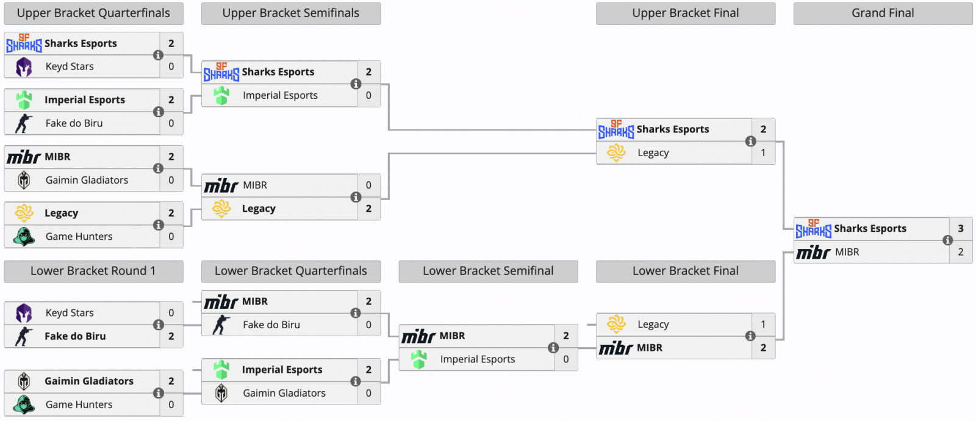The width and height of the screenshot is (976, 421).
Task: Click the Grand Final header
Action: [x=882, y=13]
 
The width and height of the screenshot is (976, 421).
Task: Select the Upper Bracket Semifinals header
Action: [x=290, y=13]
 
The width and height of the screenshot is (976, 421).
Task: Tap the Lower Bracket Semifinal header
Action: [x=488, y=272]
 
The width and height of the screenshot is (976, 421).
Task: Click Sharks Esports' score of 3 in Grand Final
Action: [x=960, y=229]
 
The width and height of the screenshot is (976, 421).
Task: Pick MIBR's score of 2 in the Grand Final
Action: [x=960, y=252]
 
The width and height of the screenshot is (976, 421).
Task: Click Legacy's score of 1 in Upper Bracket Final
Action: [x=762, y=153]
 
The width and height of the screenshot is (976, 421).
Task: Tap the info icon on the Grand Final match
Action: [x=947, y=240]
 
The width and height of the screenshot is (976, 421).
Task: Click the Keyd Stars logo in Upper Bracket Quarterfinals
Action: [x=24, y=67]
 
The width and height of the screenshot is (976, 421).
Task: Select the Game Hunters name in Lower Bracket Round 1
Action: [x=79, y=405]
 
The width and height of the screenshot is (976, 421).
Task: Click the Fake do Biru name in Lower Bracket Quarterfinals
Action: [x=271, y=325]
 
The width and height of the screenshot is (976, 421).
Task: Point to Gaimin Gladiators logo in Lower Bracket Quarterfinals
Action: [x=221, y=393]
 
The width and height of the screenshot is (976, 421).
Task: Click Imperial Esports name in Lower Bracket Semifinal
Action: [x=477, y=359]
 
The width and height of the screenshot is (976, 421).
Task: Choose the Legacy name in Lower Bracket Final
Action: [x=653, y=325]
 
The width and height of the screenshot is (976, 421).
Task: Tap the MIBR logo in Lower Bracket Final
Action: [x=615, y=348]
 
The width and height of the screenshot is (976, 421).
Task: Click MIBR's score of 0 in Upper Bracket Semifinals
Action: [x=368, y=185]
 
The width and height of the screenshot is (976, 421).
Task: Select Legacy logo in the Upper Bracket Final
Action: [x=616, y=153]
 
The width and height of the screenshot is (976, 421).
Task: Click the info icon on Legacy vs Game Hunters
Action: [x=159, y=225]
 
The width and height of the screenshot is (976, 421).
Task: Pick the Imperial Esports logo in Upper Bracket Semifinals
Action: [x=221, y=95]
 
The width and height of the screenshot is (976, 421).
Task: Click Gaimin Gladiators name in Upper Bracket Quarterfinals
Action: [x=87, y=180]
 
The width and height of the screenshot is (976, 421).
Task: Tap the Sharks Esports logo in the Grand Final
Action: [x=813, y=229]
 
